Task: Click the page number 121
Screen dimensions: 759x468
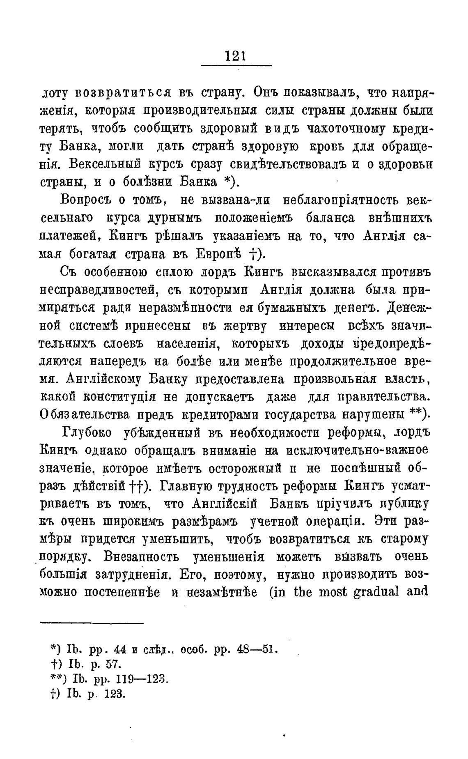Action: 235,55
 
